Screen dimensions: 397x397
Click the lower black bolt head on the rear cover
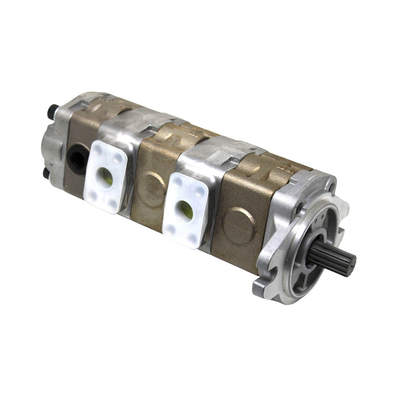point(46,171)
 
